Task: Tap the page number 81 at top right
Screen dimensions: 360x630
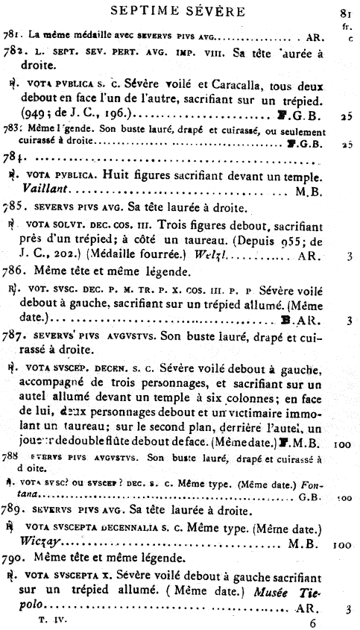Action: [345, 13]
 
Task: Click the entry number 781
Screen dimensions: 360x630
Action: [9, 35]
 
